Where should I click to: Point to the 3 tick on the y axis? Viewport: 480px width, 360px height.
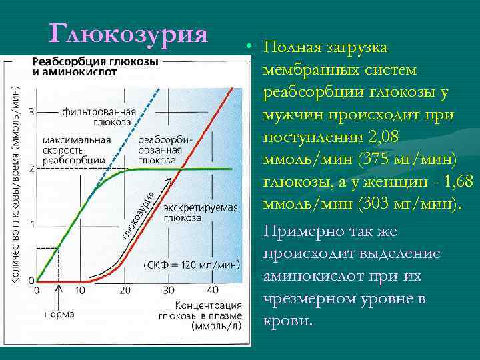[31, 111]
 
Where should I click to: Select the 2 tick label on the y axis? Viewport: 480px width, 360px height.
[31, 167]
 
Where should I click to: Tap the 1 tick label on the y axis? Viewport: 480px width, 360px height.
[31, 224]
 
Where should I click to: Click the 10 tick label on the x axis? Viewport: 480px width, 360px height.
[81, 290]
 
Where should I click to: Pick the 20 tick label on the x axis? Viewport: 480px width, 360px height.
[125, 290]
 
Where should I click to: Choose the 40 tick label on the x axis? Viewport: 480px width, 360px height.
[213, 290]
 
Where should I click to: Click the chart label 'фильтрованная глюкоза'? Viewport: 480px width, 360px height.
[99, 117]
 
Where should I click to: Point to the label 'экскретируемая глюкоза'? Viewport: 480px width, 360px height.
[199, 212]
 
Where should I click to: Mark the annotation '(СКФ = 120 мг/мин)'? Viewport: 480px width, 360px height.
[192, 265]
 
